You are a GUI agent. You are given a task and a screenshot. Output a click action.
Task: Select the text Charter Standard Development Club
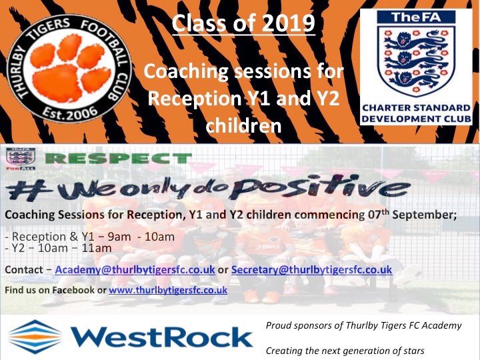click(x=416, y=113)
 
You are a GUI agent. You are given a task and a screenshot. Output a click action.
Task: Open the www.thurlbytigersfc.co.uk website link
click(x=168, y=291)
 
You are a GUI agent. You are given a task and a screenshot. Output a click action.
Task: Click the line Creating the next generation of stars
click(x=345, y=350)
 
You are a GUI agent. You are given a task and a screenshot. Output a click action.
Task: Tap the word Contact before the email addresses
click(x=25, y=269)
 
